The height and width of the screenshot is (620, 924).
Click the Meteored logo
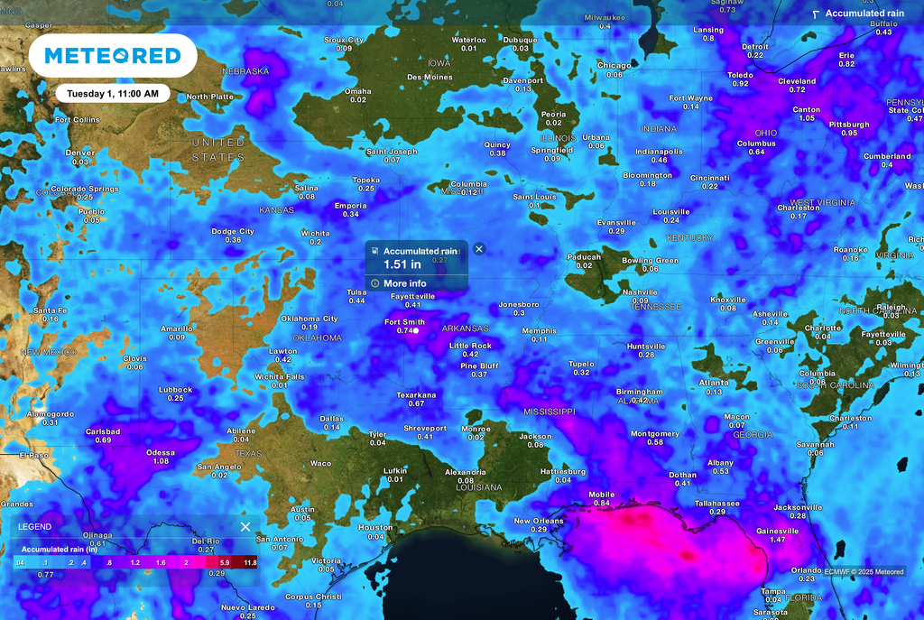coord(113,56)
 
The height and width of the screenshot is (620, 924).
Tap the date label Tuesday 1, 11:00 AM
coord(113,93)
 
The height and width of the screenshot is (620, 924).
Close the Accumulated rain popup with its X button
coord(479,249)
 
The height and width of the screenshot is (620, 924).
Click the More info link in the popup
coord(404,283)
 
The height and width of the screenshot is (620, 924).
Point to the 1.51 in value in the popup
coord(402,264)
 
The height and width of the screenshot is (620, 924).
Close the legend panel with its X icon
coord(245,527)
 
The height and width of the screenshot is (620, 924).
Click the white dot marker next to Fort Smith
coord(416,331)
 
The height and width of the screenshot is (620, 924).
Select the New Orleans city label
coord(539,521)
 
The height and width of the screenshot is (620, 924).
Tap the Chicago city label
coord(614,65)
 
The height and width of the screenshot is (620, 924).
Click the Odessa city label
coord(161,452)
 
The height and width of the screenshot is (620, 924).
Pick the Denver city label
coord(80,153)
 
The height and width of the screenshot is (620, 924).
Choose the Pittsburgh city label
coord(849,125)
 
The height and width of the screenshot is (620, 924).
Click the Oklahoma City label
coord(310,319)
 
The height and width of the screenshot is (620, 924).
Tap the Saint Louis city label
coord(534,197)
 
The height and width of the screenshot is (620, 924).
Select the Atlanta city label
coord(714,383)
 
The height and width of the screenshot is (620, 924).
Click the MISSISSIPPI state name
coord(549,412)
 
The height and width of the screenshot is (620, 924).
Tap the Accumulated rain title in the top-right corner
coord(864,14)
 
